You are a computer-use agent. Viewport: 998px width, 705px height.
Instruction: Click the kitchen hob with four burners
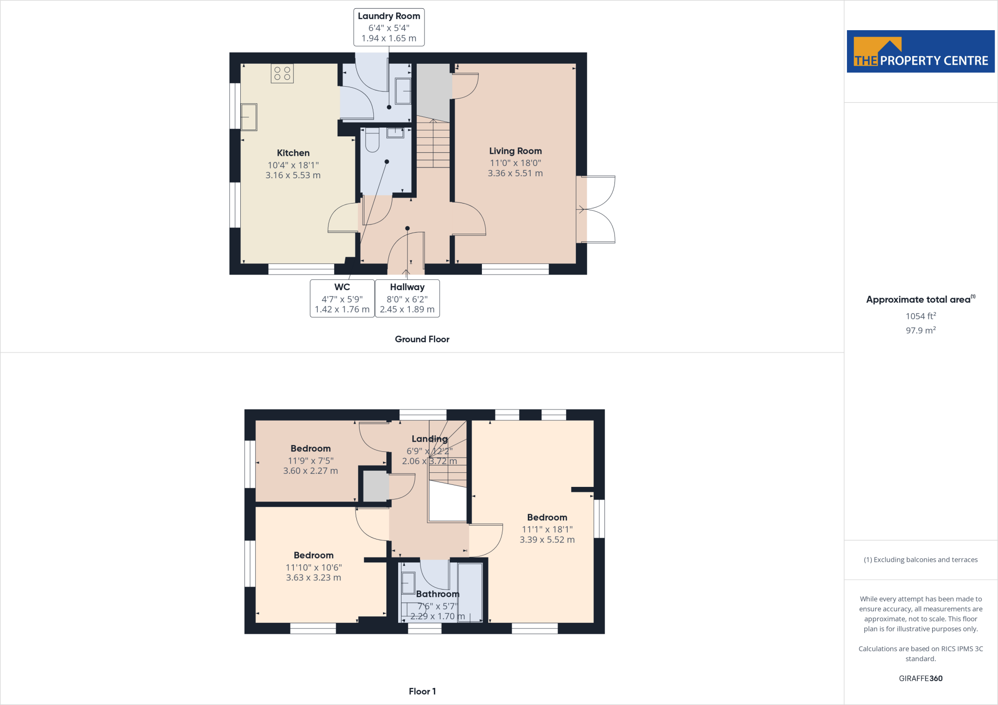pyautogui.click(x=282, y=74)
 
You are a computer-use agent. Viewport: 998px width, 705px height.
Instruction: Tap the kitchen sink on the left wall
pyautogui.click(x=249, y=117)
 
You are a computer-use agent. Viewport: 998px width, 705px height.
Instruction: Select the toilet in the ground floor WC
pyautogui.click(x=372, y=140)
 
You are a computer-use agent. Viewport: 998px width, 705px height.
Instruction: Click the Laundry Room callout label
pyautogui.click(x=389, y=27)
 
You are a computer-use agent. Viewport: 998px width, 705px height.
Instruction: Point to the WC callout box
pyautogui.click(x=342, y=298)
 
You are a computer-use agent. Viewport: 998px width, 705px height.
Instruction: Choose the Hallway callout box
pyautogui.click(x=407, y=298)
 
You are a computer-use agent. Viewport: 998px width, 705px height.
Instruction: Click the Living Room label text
pyautogui.click(x=515, y=151)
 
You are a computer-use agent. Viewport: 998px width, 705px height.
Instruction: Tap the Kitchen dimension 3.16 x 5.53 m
pyautogui.click(x=293, y=175)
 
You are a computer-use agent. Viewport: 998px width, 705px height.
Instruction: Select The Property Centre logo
pyautogui.click(x=921, y=52)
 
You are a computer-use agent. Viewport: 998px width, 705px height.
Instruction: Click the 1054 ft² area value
pyautogui.click(x=921, y=316)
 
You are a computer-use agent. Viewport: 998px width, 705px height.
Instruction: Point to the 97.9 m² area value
pyautogui.click(x=921, y=331)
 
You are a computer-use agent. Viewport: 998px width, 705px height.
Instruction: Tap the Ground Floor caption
pyautogui.click(x=422, y=339)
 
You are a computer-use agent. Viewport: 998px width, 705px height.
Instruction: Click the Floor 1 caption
pyautogui.click(x=422, y=691)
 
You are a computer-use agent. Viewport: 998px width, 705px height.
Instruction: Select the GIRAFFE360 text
pyautogui.click(x=921, y=678)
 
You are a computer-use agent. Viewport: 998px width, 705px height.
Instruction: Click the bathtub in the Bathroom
pyautogui.click(x=470, y=592)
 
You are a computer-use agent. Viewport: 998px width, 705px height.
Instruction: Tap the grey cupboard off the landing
pyautogui.click(x=376, y=486)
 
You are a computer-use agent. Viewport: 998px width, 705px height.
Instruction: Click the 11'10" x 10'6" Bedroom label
pyautogui.click(x=313, y=567)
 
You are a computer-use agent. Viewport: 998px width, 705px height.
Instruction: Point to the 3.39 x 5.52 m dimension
pyautogui.click(x=547, y=539)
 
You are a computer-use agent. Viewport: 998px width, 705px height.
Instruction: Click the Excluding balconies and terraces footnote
pyautogui.click(x=921, y=560)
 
